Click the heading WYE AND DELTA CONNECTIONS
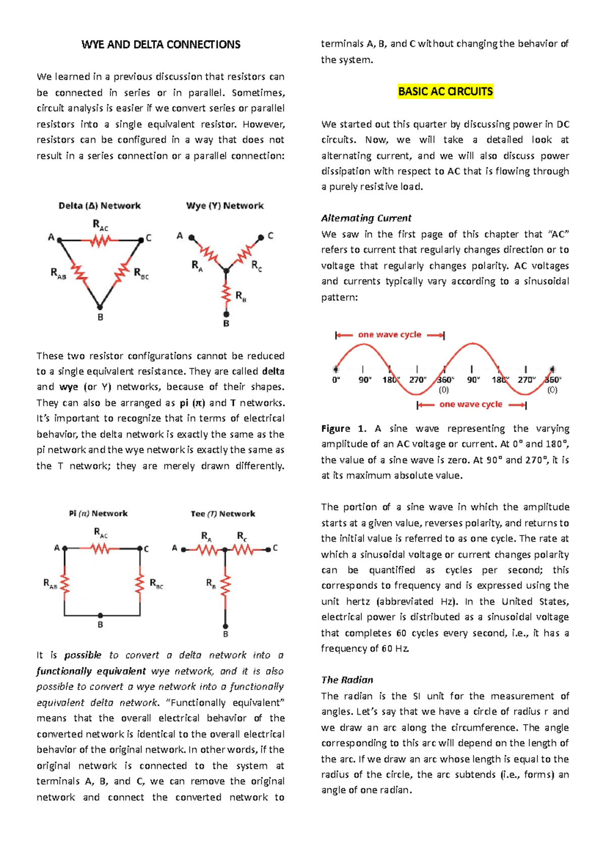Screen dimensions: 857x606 [x=161, y=44]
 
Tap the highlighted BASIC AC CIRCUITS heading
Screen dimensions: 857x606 [x=445, y=91]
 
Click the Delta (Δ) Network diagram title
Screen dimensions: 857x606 [x=99, y=205]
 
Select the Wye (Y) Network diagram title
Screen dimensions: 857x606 [x=225, y=205]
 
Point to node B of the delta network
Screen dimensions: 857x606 [x=100, y=307]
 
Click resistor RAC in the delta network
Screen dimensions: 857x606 [x=100, y=242]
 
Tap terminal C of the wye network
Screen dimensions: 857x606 [x=261, y=237]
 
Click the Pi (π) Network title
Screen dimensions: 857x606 [x=98, y=513]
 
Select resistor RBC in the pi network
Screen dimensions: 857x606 [x=140, y=584]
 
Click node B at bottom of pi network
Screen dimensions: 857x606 [x=100, y=615]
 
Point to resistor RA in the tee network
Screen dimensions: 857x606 [x=206, y=550]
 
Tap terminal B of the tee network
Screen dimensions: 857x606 [x=226, y=625]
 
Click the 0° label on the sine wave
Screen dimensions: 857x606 [x=336, y=380]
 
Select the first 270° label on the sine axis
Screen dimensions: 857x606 [x=418, y=380]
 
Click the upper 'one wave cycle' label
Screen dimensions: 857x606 [x=389, y=335]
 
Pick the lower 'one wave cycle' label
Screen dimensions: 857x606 [x=471, y=404]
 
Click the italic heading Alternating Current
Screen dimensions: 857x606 [x=366, y=218]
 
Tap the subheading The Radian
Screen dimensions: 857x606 [x=347, y=680]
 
